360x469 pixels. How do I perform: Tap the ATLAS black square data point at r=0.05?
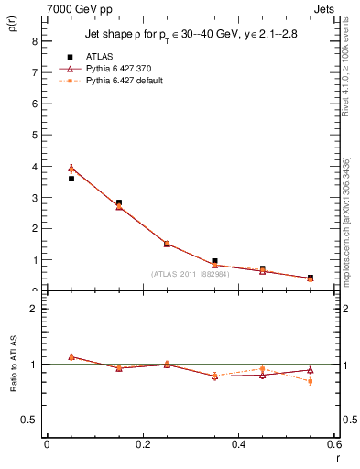pos(71,179)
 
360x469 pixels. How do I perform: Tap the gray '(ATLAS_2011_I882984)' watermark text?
pos(190,273)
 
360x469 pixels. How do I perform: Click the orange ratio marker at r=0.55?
pos(310,381)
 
